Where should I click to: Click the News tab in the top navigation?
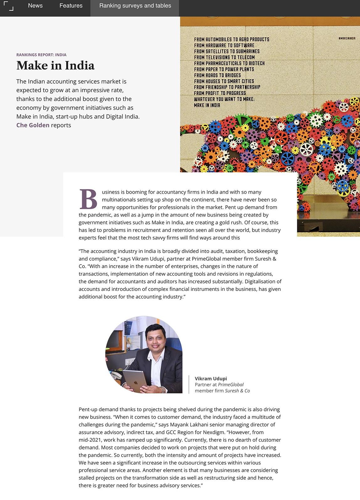(x=35, y=6)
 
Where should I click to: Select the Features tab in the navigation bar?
(x=71, y=6)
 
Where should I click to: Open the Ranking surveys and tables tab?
(x=135, y=6)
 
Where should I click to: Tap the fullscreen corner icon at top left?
(x=8, y=6)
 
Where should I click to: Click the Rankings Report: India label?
(x=41, y=55)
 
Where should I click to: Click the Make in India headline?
(x=56, y=66)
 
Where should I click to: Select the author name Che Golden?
(x=33, y=125)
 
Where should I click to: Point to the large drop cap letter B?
(x=88, y=199)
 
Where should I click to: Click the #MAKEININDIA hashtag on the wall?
(x=347, y=38)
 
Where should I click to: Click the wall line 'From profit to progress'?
(x=220, y=93)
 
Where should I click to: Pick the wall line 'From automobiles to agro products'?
(x=231, y=39)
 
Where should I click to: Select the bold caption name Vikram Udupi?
(x=211, y=378)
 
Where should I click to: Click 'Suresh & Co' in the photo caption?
(x=237, y=391)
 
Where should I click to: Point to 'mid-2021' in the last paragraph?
(x=89, y=440)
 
